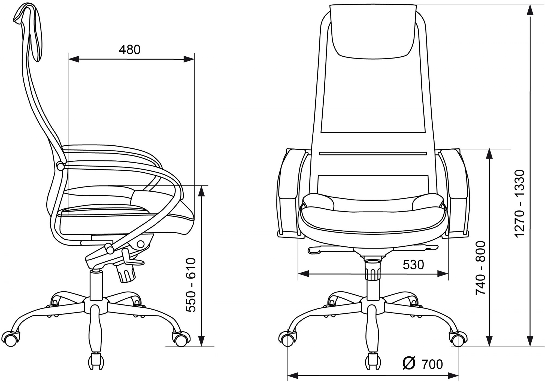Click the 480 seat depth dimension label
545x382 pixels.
point(130,50)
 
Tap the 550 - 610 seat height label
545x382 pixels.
point(191,285)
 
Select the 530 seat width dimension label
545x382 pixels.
point(413,265)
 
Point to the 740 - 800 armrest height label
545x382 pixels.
point(481,268)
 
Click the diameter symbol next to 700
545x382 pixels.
point(409,363)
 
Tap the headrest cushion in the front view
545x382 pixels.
point(373,31)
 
